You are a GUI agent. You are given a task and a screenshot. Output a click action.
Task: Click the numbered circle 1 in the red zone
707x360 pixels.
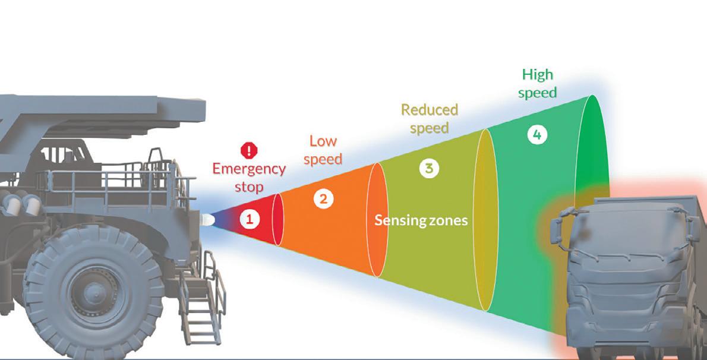(250, 219)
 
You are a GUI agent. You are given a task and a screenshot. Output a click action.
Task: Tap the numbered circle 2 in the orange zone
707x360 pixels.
(323, 199)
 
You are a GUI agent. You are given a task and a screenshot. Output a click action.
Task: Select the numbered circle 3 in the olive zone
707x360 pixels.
(428, 168)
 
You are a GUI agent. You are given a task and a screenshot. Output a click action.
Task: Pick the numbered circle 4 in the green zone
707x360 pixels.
(537, 135)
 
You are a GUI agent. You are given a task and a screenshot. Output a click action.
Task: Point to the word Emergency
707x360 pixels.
(249, 169)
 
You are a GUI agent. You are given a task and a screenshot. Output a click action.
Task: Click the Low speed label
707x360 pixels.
(323, 150)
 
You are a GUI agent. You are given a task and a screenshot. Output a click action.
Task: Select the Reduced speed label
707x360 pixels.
(430, 118)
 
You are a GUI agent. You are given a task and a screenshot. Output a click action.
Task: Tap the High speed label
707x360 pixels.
(537, 83)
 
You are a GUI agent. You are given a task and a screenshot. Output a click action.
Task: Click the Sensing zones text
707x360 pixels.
(421, 221)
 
